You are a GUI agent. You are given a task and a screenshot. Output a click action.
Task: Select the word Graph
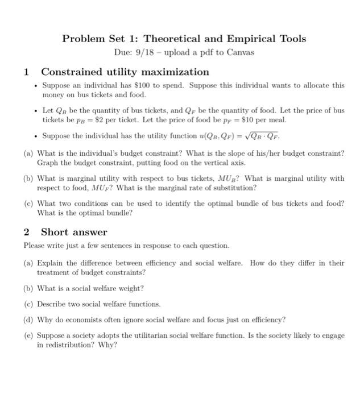(48, 163)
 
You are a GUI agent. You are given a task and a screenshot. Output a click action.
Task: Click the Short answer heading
(74, 232)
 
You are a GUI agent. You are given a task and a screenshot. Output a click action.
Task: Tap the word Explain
(52, 263)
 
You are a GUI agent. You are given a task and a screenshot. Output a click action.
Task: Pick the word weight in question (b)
(130, 288)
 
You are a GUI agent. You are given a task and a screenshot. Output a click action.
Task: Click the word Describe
(54, 304)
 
